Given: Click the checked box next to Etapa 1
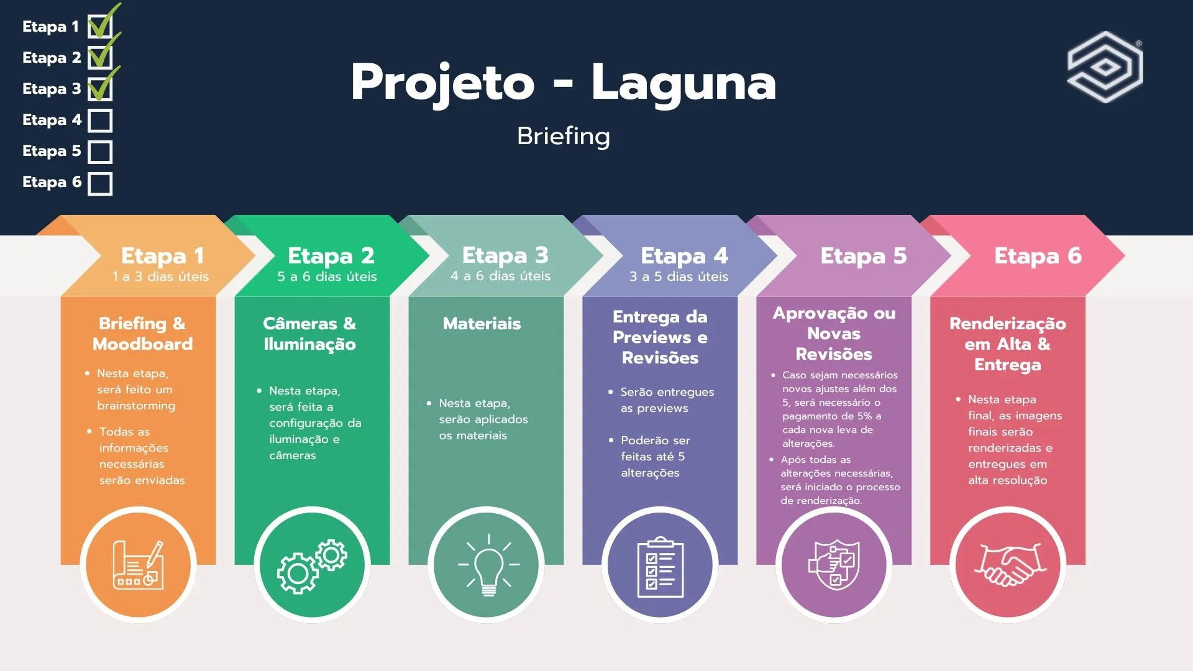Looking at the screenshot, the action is (100, 27).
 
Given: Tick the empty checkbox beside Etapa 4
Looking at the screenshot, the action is (100, 121).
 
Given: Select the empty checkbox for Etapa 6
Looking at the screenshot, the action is (100, 184).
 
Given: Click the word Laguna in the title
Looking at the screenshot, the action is (683, 83).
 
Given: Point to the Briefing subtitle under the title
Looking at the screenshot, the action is (564, 136).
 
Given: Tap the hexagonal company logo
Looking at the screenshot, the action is (1105, 66).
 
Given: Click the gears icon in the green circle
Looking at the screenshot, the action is (312, 565).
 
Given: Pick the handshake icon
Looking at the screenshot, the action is (1009, 564).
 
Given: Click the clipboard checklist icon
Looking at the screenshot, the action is (660, 567).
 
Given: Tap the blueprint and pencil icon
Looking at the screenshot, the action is (139, 565).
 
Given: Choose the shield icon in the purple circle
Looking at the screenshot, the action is (834, 564).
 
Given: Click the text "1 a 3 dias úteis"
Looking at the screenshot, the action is (160, 276).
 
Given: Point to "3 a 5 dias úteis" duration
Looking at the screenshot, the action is (679, 276).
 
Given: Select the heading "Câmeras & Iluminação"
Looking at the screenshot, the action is (309, 334).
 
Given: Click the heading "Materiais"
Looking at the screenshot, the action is (482, 324).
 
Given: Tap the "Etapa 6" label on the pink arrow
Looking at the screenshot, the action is (1038, 256).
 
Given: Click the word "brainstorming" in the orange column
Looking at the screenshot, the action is (136, 406).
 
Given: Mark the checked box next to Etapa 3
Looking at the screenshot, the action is (100, 89).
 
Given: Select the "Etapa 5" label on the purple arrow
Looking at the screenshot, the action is (863, 256).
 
